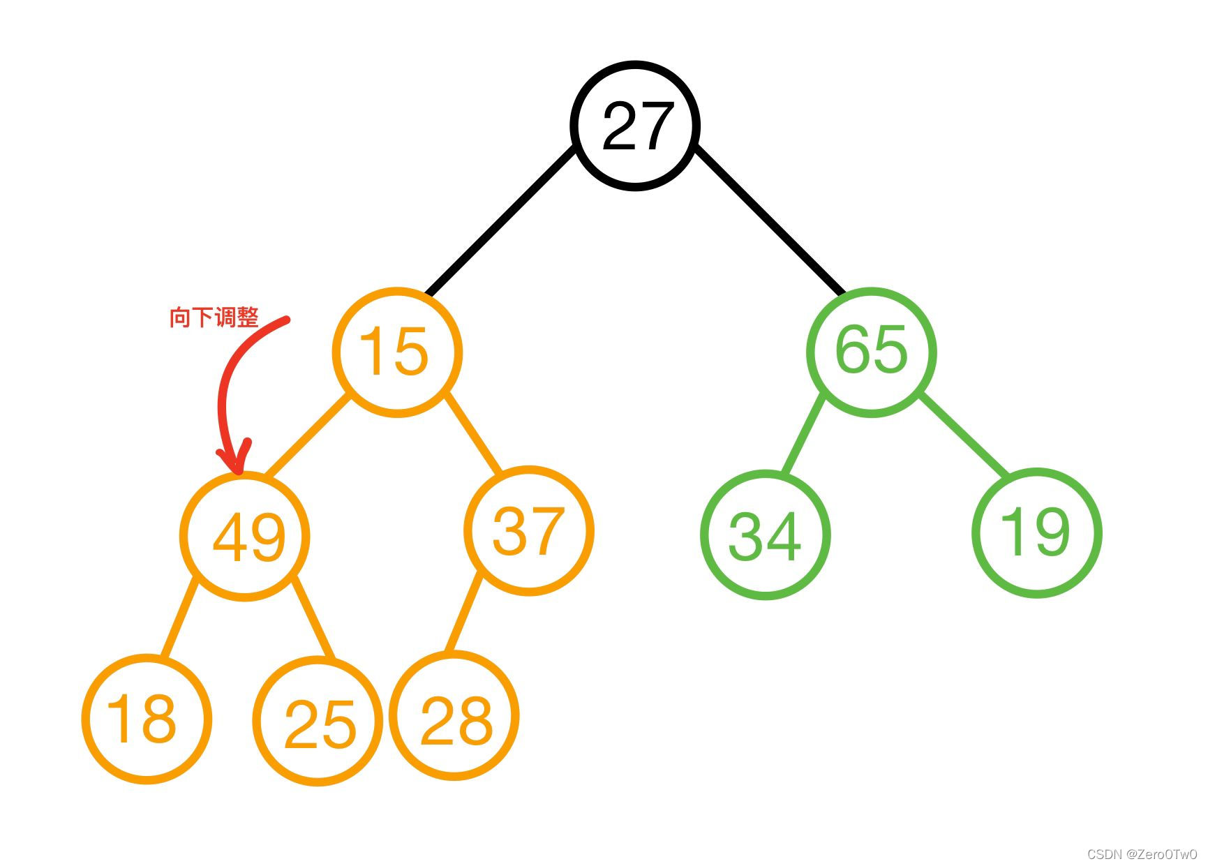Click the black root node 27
[x=635, y=126]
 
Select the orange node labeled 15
[x=396, y=352]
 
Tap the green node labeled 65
[x=871, y=352]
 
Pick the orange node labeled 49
[x=245, y=535]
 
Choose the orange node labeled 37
[x=528, y=530]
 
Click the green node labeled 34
[x=765, y=535]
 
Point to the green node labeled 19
[x=1036, y=532]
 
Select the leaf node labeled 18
[x=147, y=719]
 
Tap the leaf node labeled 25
[x=318, y=722]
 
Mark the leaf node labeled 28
[x=454, y=717]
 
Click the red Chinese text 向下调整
[x=214, y=318]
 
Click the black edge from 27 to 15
[x=501, y=221]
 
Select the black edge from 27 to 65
[x=770, y=221]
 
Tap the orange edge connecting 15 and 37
[x=473, y=433]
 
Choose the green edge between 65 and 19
[x=964, y=436]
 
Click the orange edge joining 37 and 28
[x=464, y=612]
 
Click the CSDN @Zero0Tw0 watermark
[x=1142, y=854]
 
